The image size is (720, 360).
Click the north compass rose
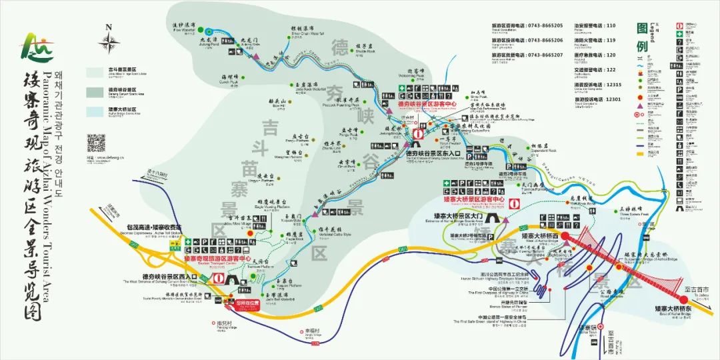(109, 42)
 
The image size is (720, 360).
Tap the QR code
(97, 143)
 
